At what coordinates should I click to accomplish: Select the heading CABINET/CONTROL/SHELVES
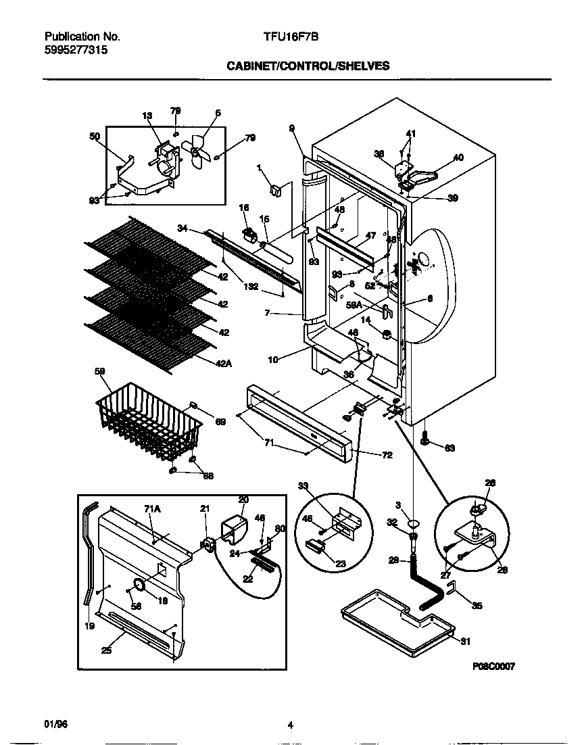pos(307,66)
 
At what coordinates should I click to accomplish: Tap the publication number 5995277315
pos(75,49)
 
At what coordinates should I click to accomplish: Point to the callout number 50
pos(94,137)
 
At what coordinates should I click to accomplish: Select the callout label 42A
pos(224,363)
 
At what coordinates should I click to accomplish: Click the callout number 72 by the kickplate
pos(387,455)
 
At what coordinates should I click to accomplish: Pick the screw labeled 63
pos(425,441)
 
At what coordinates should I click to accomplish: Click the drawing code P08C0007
pos(493,666)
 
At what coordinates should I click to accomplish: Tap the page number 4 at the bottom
pos(290,725)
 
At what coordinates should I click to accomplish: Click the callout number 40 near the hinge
pos(458,158)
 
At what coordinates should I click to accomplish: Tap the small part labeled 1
pos(275,191)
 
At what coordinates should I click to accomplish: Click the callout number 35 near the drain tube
pos(477,606)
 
